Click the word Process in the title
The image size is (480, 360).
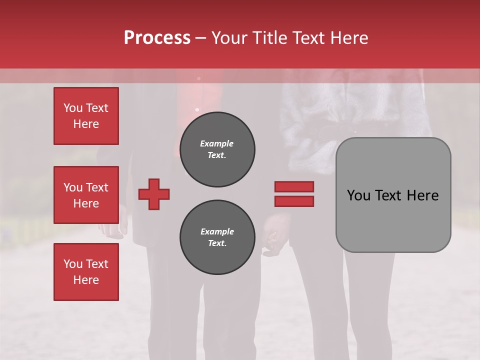157,37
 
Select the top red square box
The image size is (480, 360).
86,116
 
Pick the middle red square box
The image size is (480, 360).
86,195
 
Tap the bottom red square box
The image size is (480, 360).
86,272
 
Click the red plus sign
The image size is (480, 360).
154,194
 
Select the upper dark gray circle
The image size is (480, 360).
217,149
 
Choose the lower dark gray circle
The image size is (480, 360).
217,237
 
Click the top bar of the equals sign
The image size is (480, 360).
294,186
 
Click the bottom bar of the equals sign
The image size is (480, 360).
294,201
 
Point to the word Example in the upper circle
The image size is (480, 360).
216,143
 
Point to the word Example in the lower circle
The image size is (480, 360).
217,231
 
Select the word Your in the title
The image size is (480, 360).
227,38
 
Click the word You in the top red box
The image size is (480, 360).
72,108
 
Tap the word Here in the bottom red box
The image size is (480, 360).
86,280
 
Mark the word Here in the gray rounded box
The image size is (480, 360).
423,195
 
